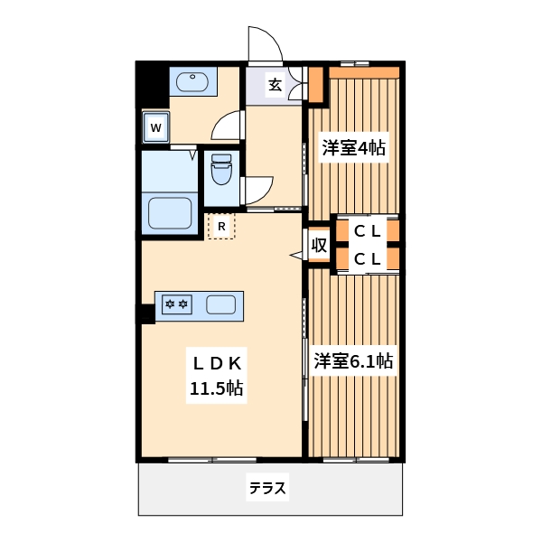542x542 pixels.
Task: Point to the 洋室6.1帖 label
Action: [x=353, y=361]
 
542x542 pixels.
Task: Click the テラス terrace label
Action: [x=267, y=489]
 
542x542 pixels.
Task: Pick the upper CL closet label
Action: [x=366, y=230]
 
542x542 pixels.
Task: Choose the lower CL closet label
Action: [x=366, y=259]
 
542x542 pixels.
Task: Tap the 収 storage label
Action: [x=319, y=245]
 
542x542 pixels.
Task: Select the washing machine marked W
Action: [x=155, y=127]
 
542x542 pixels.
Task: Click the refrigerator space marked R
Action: [x=221, y=226]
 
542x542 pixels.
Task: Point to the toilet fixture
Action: [x=221, y=169]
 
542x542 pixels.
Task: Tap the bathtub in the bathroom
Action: [x=172, y=214]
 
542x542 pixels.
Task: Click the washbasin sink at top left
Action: [x=192, y=83]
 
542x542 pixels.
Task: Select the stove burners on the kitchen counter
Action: [x=176, y=304]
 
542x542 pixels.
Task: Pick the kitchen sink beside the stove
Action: [x=221, y=304]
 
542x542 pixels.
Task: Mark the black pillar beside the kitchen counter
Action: [x=145, y=313]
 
